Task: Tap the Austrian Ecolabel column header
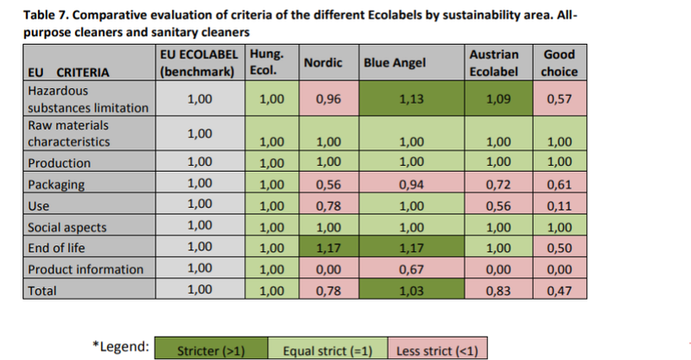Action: pos(493,62)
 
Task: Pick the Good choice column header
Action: pos(559,62)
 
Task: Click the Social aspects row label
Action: pos(68,226)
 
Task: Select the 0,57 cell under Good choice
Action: pos(559,99)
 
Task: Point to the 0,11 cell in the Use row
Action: pos(559,205)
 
